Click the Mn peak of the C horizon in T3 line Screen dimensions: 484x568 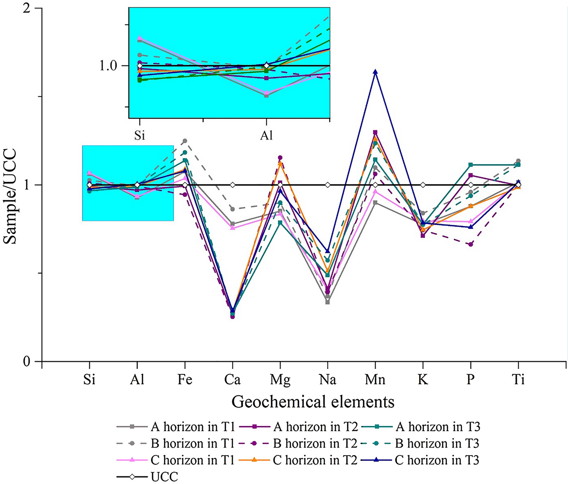(x=375, y=72)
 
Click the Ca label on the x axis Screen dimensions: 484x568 (x=232, y=379)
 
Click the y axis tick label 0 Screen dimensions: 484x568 (x=26, y=362)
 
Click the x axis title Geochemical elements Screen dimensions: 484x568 (x=313, y=402)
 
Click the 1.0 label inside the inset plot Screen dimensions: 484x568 (x=108, y=65)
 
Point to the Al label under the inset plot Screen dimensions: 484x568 (x=266, y=135)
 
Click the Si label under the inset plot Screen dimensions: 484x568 (x=139, y=135)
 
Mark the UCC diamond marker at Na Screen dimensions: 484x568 (x=328, y=185)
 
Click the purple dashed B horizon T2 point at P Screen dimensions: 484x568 (x=471, y=244)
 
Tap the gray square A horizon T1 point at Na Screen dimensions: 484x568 (x=328, y=302)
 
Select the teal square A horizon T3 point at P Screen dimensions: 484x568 (x=471, y=165)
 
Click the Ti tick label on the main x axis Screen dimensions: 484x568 (x=518, y=379)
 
